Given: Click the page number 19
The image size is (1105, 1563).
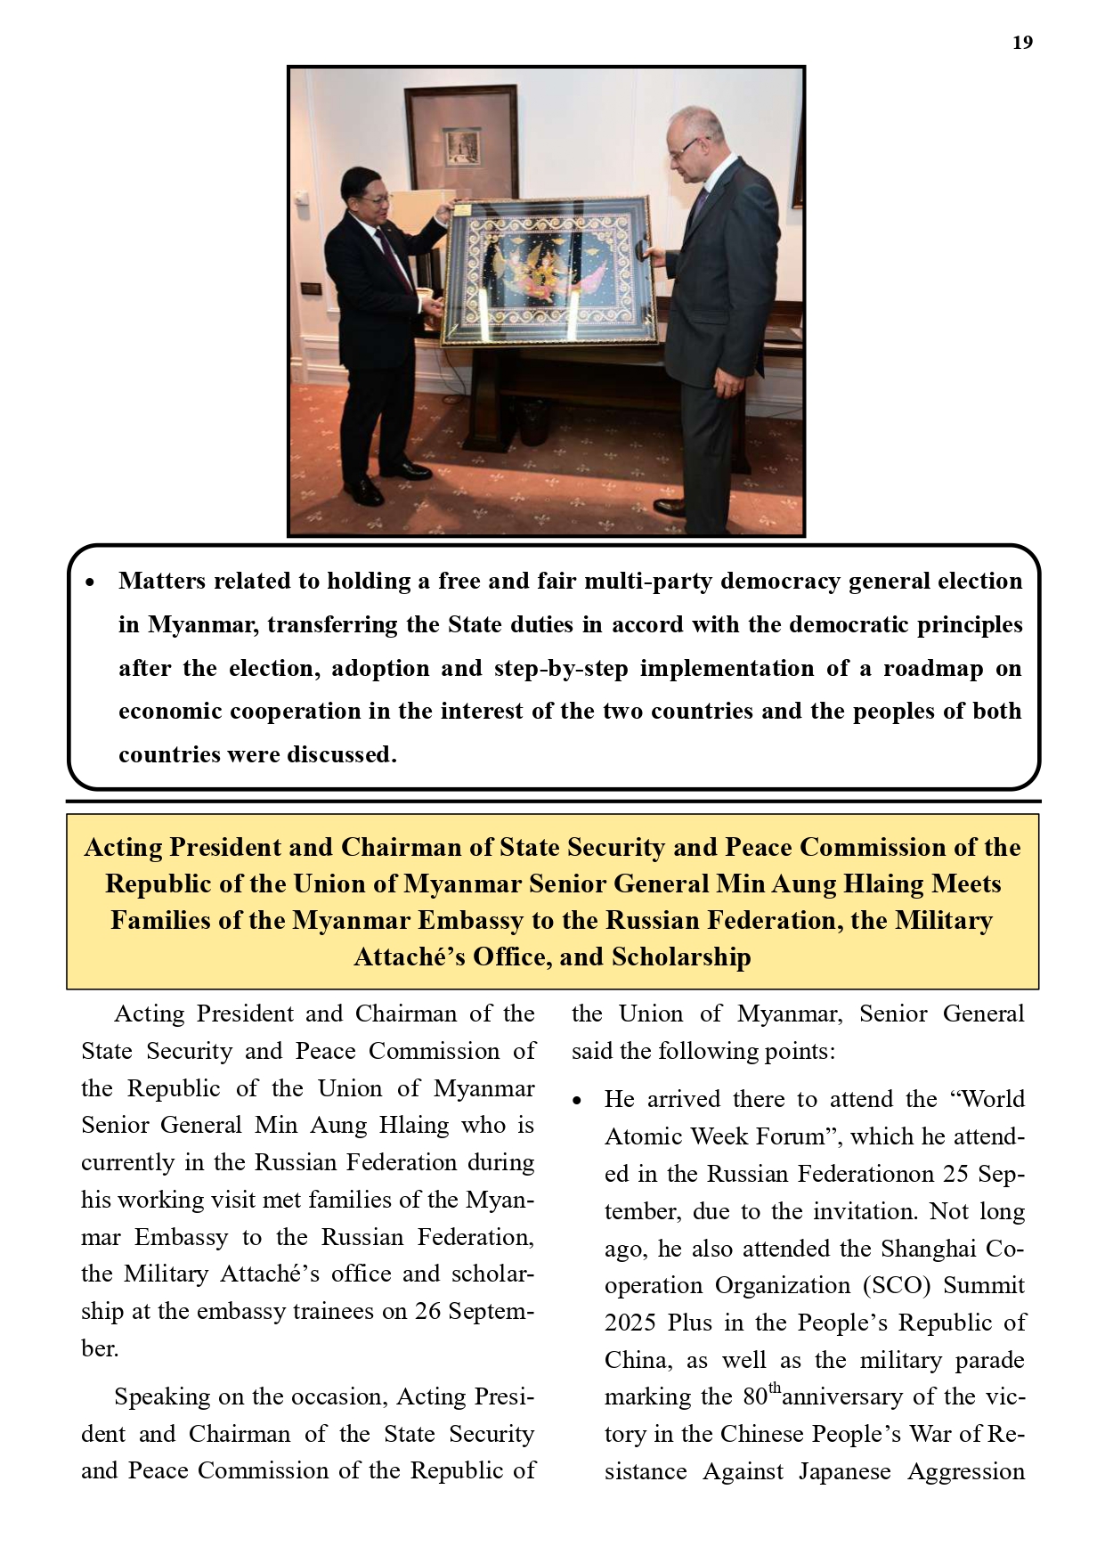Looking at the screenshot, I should click(1022, 43).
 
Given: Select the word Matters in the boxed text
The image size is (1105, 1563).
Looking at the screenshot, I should click(161, 581).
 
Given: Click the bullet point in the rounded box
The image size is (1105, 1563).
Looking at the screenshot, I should click(89, 582).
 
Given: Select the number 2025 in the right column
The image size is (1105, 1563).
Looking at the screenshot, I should click(630, 1323).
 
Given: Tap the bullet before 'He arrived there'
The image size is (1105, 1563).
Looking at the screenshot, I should click(578, 1101).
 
